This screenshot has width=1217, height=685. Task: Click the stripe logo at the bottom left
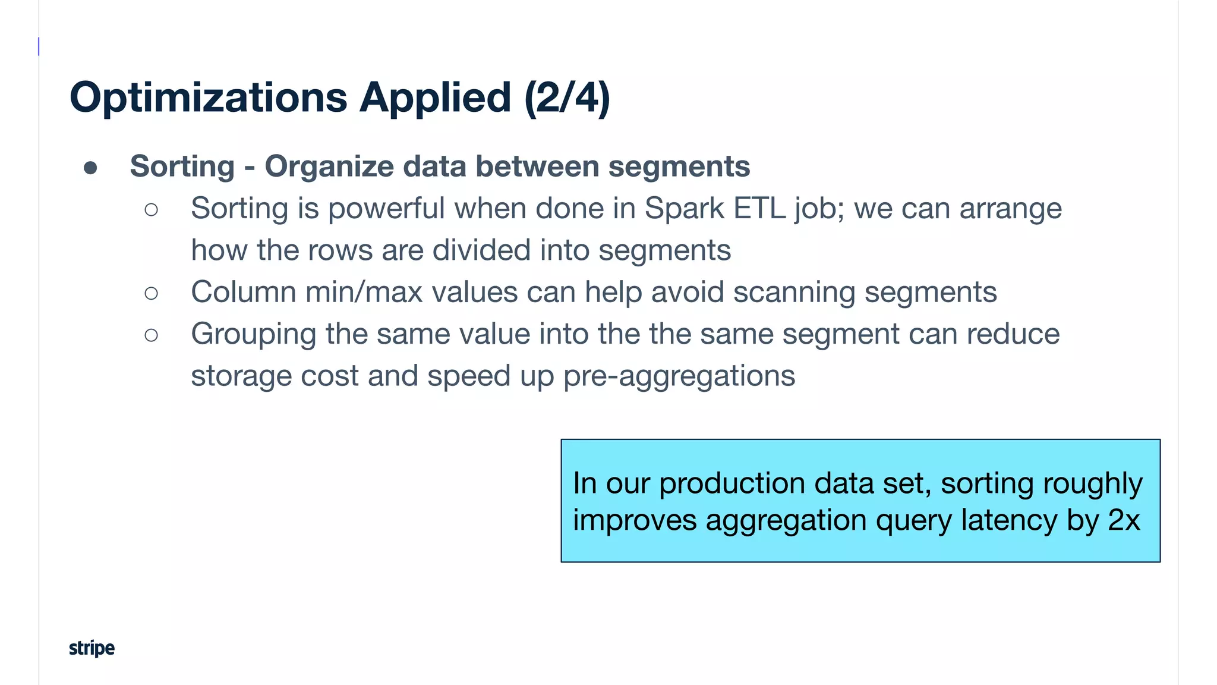click(x=92, y=648)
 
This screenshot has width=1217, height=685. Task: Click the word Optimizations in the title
click(x=208, y=98)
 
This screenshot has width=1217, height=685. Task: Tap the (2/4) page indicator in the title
click(x=567, y=98)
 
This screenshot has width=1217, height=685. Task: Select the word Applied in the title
click(x=435, y=98)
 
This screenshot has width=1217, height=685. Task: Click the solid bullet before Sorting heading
click(x=90, y=168)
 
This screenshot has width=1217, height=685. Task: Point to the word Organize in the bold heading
click(x=329, y=166)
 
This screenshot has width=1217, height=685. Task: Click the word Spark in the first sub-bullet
click(x=684, y=209)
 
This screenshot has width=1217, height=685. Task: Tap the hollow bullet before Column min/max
click(x=152, y=293)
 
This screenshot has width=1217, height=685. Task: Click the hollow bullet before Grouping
click(x=152, y=335)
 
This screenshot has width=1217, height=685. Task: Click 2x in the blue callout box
click(x=1124, y=520)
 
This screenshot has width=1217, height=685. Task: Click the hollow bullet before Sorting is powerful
click(x=152, y=209)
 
